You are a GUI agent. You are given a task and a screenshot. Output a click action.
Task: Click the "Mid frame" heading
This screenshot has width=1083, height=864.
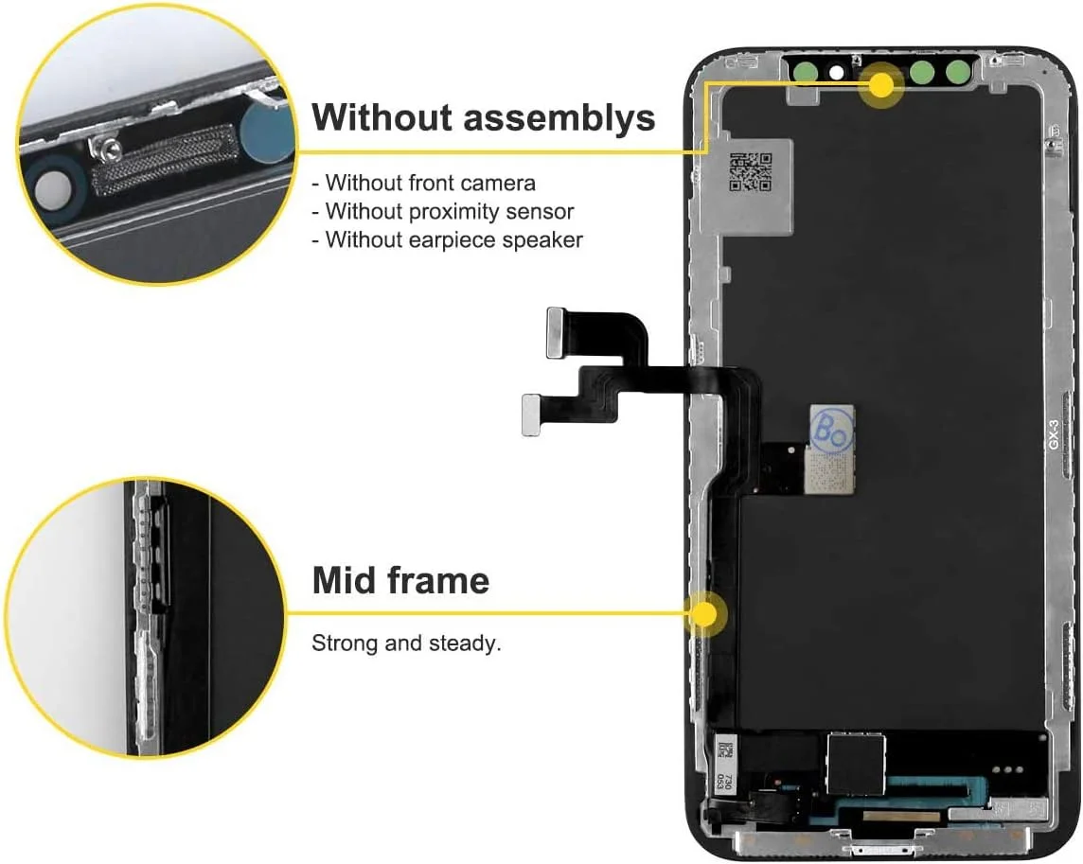click(x=400, y=579)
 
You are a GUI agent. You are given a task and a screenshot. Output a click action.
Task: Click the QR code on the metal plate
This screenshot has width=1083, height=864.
click(x=750, y=171)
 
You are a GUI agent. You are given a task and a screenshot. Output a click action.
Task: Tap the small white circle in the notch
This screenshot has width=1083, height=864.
click(x=836, y=71)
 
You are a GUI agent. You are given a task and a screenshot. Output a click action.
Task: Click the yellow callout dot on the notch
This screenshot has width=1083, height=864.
click(x=881, y=85)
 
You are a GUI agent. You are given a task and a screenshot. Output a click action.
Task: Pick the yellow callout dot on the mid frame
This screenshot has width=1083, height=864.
click(x=703, y=613)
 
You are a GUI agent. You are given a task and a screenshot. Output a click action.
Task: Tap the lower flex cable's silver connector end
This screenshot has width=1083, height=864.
click(x=536, y=414)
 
